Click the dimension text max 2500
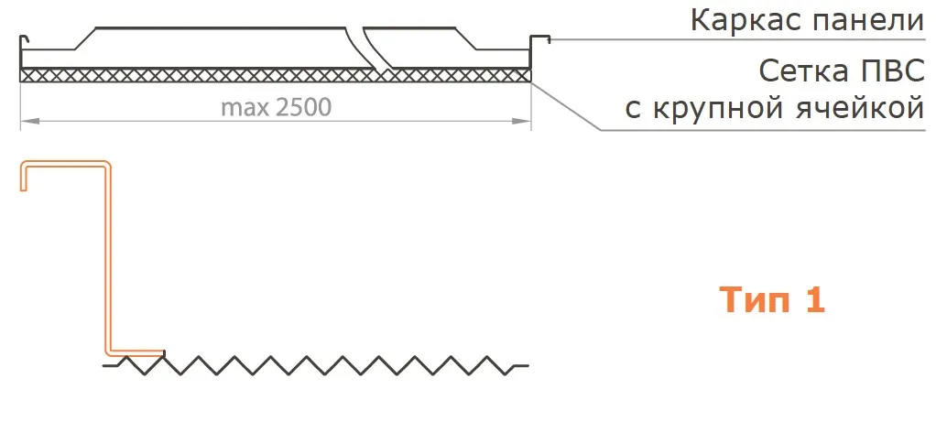pyautogui.click(x=276, y=107)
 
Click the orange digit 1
pyautogui.click(x=816, y=300)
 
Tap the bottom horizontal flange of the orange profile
pyautogui.click(x=136, y=352)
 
